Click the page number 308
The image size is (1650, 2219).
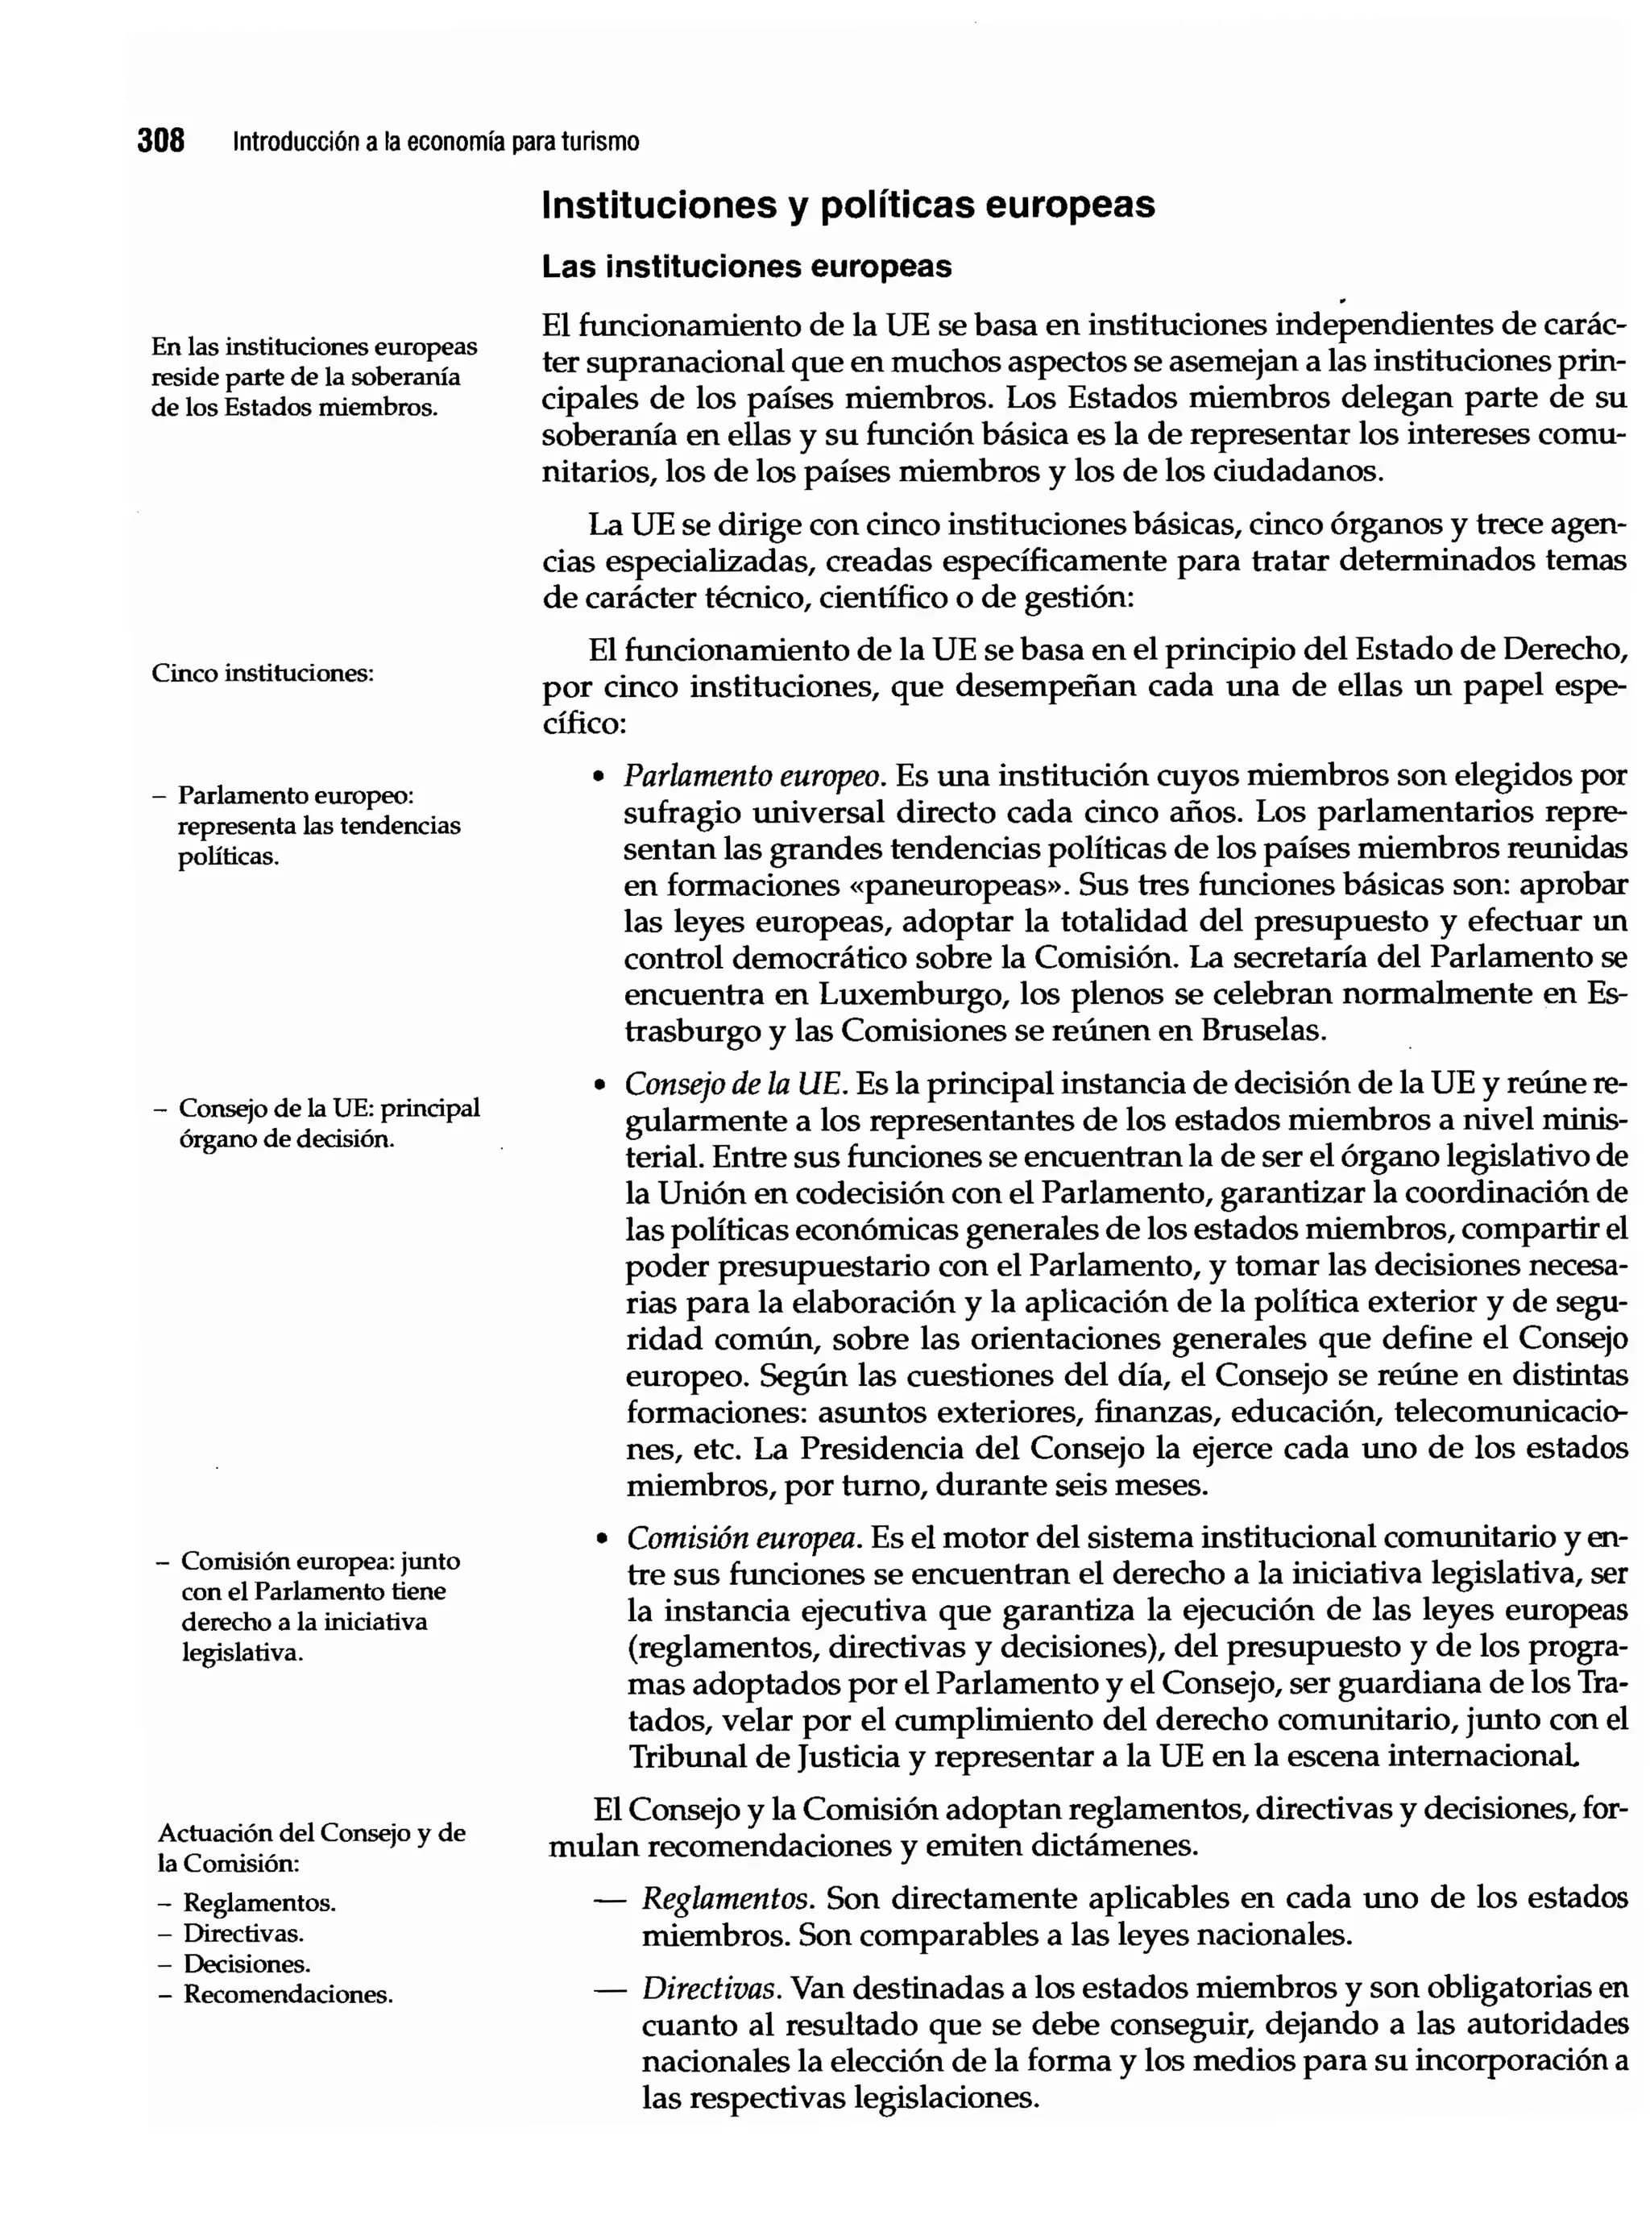pyautogui.click(x=161, y=141)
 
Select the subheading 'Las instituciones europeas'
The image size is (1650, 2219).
pyautogui.click(x=746, y=267)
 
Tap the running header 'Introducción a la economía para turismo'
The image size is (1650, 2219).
pyautogui.click(x=436, y=142)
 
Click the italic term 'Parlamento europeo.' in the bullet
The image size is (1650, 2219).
pyautogui.click(x=755, y=776)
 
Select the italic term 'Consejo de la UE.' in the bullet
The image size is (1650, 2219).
pyautogui.click(x=736, y=1084)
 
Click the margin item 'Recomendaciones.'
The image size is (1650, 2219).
pyautogui.click(x=288, y=1995)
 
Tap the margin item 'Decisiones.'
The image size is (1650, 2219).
pyautogui.click(x=247, y=1964)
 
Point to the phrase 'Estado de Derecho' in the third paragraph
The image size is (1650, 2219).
pyautogui.click(x=1487, y=650)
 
